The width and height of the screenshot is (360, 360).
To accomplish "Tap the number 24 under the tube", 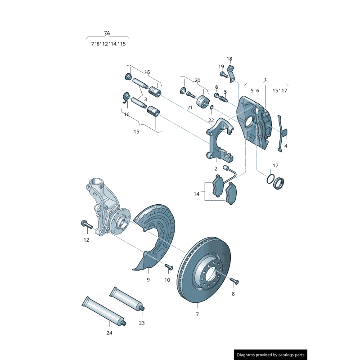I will click(109, 333).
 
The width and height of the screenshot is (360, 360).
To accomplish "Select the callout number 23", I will click(142, 323).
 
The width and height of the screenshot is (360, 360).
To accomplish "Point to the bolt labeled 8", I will click(234, 282).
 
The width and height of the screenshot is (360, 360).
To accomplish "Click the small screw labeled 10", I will click(169, 267).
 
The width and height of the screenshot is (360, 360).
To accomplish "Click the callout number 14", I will click(197, 194).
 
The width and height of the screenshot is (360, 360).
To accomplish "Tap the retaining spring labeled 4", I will click(282, 133).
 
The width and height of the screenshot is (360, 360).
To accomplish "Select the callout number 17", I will click(275, 166).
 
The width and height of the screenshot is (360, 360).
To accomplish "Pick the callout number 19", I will click(221, 67).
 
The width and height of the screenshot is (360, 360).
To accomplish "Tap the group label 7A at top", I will click(107, 33).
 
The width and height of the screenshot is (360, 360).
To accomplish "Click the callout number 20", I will click(197, 81).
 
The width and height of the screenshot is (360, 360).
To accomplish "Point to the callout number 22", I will click(211, 121).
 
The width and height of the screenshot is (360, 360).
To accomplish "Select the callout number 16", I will click(126, 115).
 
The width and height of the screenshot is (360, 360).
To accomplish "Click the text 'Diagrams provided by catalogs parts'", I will click(270, 355).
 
